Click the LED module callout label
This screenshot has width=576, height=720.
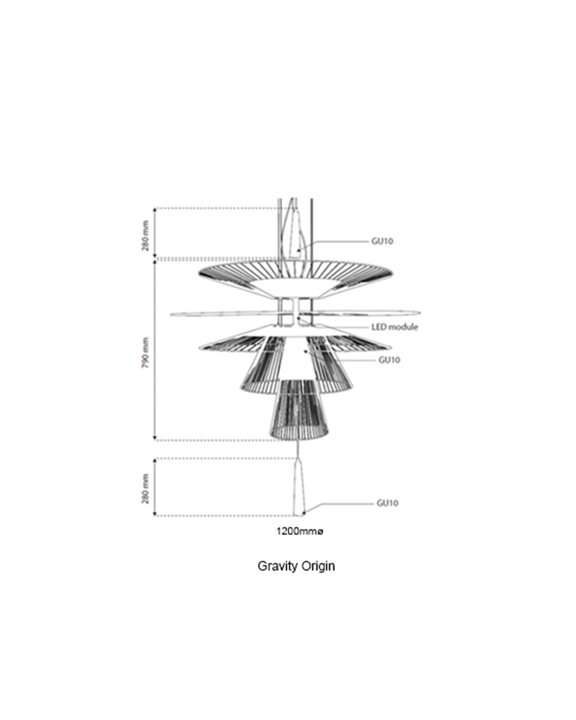click(395, 327)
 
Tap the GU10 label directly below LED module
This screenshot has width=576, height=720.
click(389, 360)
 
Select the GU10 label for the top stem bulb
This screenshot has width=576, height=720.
click(382, 241)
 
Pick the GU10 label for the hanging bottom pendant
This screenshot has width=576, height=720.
click(387, 503)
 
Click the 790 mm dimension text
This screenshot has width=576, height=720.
click(145, 352)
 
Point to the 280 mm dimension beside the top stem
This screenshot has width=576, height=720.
click(145, 235)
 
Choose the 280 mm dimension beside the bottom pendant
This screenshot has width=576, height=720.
click(145, 489)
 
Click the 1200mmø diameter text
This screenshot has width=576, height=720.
click(300, 531)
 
